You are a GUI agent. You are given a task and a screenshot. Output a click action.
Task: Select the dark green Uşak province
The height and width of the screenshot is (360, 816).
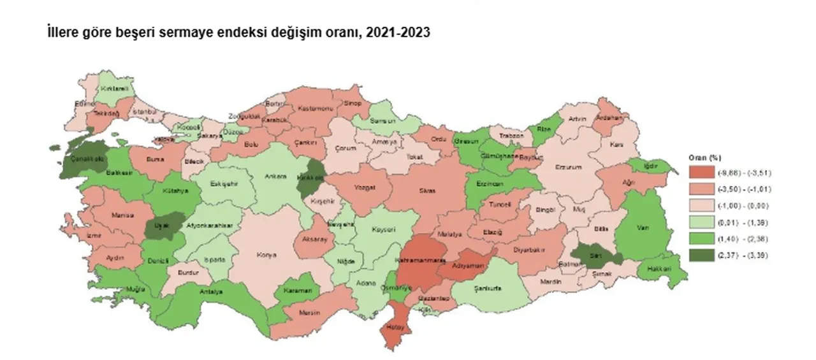pos(159,228)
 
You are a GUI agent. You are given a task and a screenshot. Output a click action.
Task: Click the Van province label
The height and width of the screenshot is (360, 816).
pos(643,224)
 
